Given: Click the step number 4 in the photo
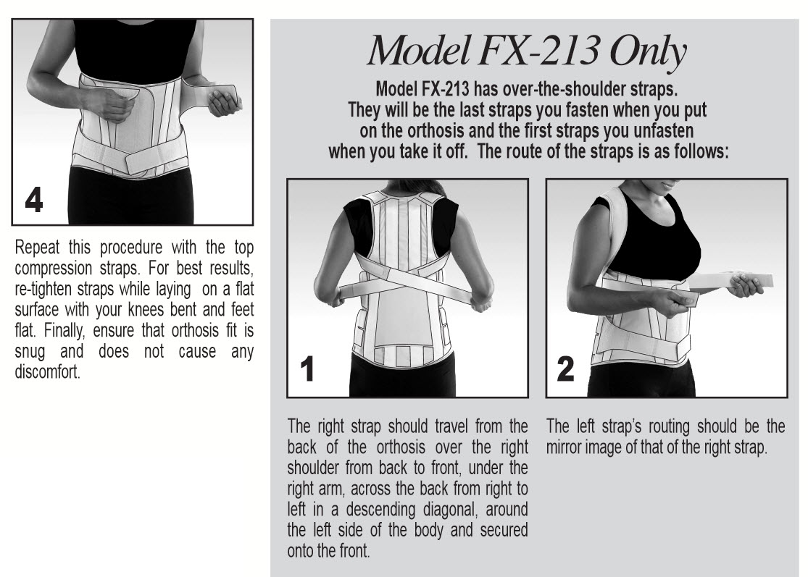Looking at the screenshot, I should click(x=33, y=201).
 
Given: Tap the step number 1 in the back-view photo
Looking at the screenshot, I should click(x=307, y=371).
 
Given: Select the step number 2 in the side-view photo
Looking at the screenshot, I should click(x=566, y=371).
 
